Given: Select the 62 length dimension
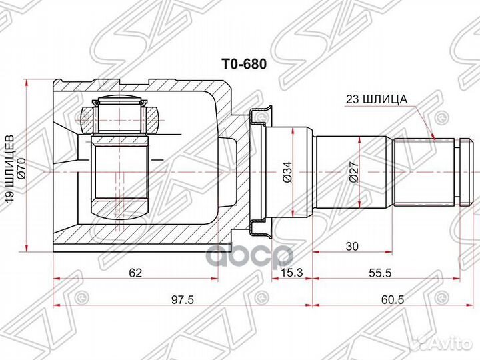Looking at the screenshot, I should click(x=136, y=272).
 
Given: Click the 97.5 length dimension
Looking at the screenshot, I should click(x=181, y=300).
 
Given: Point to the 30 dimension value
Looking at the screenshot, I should click(x=352, y=246).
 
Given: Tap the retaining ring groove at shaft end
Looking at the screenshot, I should click(x=458, y=171).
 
